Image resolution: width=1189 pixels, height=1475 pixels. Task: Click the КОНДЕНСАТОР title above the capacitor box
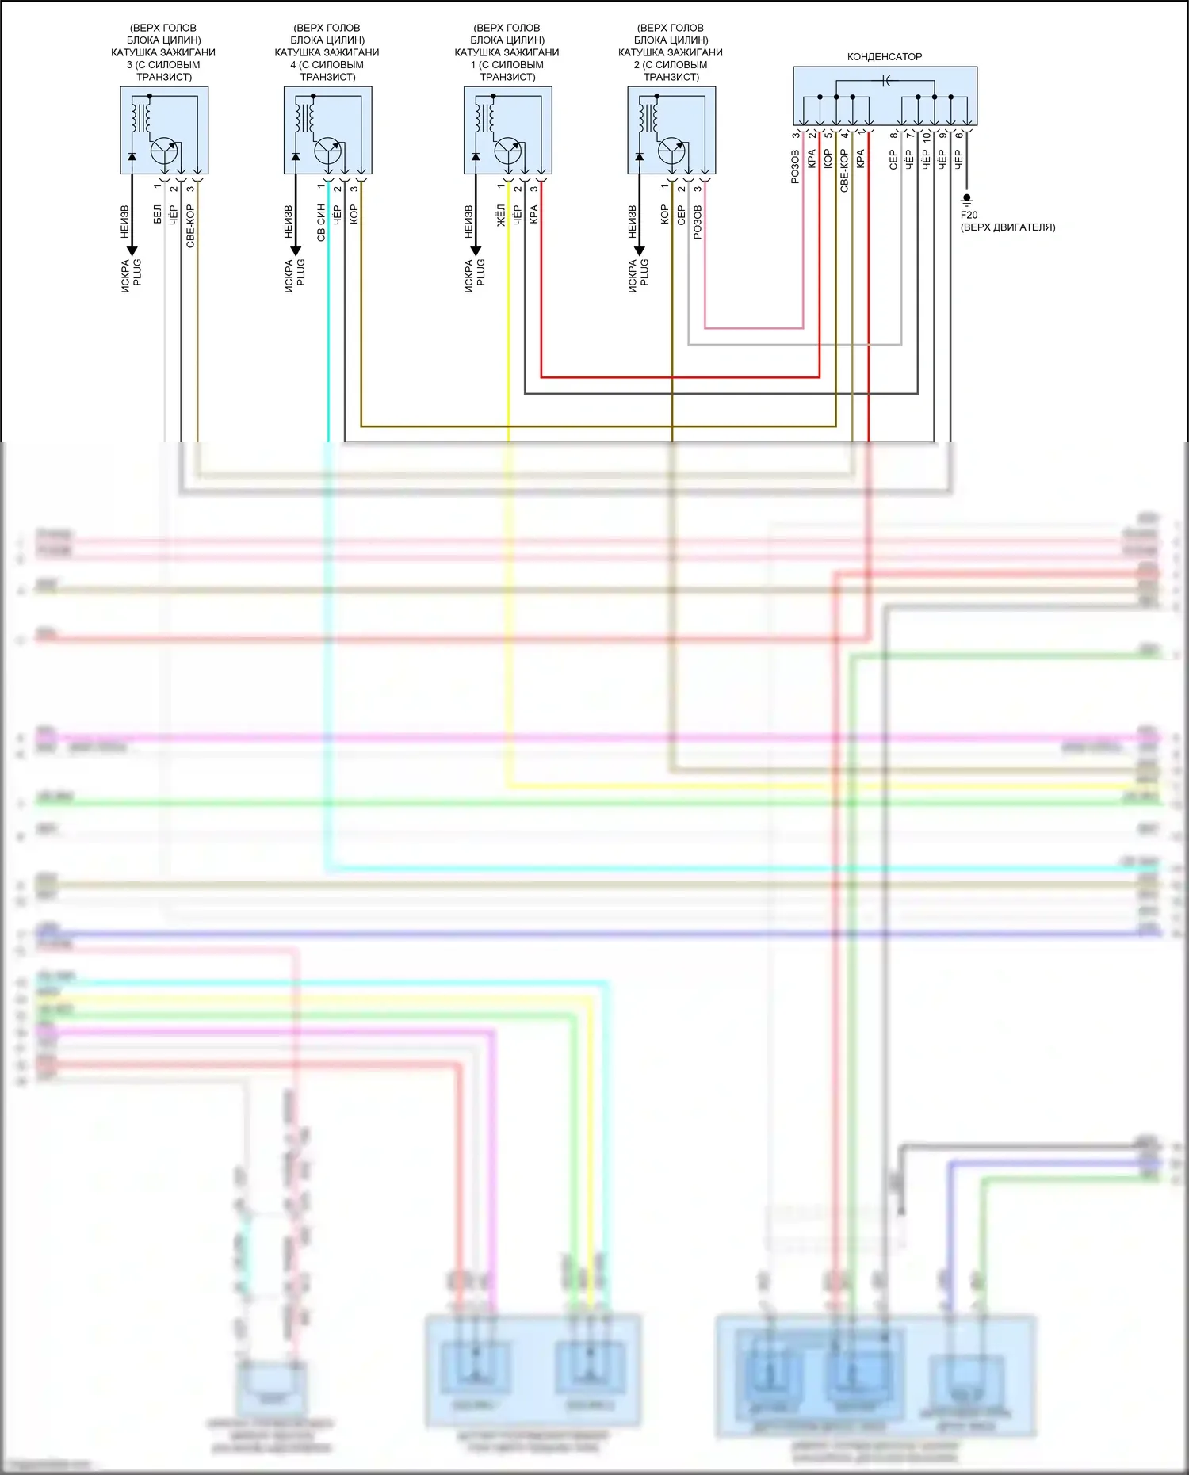pyautogui.click(x=884, y=57)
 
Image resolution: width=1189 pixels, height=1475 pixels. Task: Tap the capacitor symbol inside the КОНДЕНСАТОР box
pyautogui.click(x=885, y=80)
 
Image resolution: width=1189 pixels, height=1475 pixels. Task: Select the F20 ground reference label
pyautogui.click(x=969, y=215)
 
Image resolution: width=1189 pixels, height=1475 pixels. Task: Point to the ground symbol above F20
pyautogui.click(x=966, y=200)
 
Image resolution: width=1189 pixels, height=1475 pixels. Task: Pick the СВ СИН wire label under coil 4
pyautogui.click(x=321, y=223)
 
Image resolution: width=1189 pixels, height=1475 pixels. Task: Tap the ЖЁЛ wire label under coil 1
pyautogui.click(x=501, y=215)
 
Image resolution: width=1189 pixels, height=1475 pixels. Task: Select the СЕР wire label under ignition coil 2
pyautogui.click(x=681, y=215)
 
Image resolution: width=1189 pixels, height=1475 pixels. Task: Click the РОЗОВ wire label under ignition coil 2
pyautogui.click(x=698, y=222)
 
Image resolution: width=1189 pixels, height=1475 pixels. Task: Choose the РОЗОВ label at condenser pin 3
pyautogui.click(x=795, y=167)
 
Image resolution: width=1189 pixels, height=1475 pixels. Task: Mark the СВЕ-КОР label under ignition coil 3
pyautogui.click(x=190, y=226)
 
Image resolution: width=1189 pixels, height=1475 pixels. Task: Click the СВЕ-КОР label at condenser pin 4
pyautogui.click(x=844, y=170)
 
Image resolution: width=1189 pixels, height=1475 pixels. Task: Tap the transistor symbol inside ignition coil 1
pyautogui.click(x=508, y=150)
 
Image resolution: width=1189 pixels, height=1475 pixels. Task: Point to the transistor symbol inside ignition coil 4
pyautogui.click(x=328, y=150)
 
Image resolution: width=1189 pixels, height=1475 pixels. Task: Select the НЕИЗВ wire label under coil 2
pyautogui.click(x=632, y=222)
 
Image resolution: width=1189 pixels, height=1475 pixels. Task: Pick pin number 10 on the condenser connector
pyautogui.click(x=926, y=137)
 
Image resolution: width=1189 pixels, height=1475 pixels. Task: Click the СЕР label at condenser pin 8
pyautogui.click(x=893, y=160)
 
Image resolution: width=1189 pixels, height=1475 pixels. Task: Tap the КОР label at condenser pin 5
pyautogui.click(x=828, y=159)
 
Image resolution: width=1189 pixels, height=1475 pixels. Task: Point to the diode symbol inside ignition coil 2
pyautogui.click(x=640, y=157)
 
